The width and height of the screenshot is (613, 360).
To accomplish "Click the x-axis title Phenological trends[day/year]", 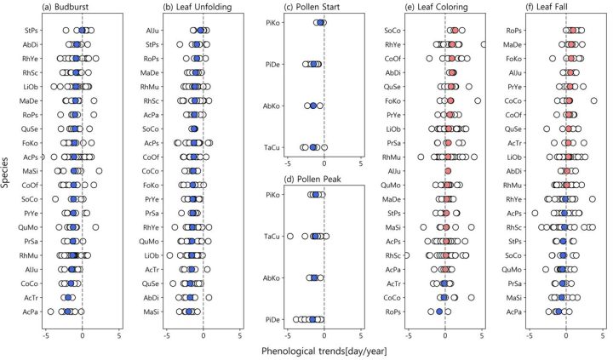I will click(x=306, y=349).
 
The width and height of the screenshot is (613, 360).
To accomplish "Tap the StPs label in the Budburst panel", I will click(x=29, y=31).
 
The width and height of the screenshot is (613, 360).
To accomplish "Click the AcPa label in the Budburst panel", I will click(x=29, y=312).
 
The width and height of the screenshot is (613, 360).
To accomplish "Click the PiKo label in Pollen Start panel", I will click(x=272, y=23).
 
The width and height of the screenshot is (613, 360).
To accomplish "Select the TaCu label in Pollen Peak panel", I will click(x=272, y=236).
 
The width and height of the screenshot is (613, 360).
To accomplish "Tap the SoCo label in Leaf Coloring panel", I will click(x=393, y=31).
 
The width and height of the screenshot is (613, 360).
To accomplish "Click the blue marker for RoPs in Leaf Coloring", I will click(x=439, y=312).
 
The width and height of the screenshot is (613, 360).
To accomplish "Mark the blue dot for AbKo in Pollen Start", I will click(x=312, y=106).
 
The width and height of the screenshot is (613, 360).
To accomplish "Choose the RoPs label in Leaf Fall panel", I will click(x=515, y=31).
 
